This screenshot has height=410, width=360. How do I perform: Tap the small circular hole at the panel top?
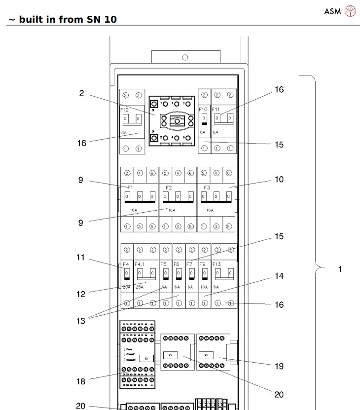tap(185, 57)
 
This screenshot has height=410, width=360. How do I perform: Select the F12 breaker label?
tap(125, 110)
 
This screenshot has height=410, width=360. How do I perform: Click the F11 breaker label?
tap(216, 110)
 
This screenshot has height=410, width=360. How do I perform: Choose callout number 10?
tap(279, 180)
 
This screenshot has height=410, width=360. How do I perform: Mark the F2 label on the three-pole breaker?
tap(169, 187)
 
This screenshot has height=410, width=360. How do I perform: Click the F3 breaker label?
tap(207, 187)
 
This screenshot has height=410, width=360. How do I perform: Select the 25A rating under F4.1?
tap(140, 287)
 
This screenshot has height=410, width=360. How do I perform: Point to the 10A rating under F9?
tap(204, 287)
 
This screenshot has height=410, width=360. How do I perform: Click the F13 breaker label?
tap(217, 264)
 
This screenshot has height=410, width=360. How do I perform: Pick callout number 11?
tap(81, 257)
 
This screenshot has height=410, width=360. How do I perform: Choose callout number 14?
tap(279, 276)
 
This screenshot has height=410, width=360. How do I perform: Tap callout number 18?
tap(81, 381)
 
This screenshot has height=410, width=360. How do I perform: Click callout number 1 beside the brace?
tap(339, 270)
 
